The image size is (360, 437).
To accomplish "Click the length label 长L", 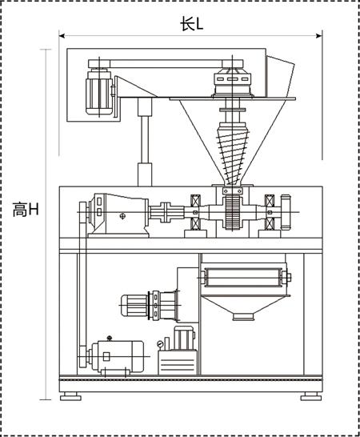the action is coord(192,24).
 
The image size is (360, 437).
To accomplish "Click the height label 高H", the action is coord(26,210).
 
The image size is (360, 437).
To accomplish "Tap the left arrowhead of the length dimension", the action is coord(62,36).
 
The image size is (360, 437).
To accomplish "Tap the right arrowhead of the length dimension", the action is coord(319,36).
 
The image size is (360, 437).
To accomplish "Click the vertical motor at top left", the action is coord(99,93).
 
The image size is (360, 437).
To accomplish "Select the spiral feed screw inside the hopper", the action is coord(232,154).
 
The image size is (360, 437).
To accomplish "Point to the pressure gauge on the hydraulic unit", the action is coord(160,344).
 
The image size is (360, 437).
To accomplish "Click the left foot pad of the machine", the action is coord(70,396).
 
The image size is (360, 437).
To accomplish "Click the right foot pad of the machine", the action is coord(311,396).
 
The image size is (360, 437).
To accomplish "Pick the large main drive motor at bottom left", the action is coord(117,357).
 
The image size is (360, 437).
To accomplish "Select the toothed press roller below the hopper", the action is coord(233,212).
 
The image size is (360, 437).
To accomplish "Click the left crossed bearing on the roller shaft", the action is coord(195,212).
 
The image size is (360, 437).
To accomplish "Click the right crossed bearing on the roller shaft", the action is coord(270,212).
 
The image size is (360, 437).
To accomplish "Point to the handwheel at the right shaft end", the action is coord(286,212).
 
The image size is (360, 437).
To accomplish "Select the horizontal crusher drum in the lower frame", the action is coord(243,277).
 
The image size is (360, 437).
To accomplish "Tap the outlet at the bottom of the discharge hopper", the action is coord(243,317).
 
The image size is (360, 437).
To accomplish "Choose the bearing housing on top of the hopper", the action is coord(232,82).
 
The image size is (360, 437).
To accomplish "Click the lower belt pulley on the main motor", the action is coord(82,357).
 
